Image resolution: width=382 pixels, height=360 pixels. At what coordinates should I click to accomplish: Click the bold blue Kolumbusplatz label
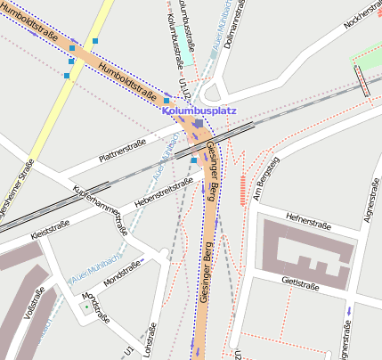199,111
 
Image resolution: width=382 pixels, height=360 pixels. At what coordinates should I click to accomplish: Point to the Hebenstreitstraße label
163,193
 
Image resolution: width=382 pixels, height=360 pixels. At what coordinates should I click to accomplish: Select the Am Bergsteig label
266,177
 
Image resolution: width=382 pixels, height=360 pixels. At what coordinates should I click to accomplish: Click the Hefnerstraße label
308,220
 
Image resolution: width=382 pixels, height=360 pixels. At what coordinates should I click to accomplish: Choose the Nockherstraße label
362,24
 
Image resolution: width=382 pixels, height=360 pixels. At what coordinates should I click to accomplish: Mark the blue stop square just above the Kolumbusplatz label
167,101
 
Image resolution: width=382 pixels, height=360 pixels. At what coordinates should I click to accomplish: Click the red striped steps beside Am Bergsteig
241,190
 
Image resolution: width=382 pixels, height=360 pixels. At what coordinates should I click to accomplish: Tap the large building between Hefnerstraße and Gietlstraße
302,250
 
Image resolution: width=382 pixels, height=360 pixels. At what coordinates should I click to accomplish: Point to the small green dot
85,307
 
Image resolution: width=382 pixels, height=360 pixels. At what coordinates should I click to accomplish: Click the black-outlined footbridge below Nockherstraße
362,80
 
